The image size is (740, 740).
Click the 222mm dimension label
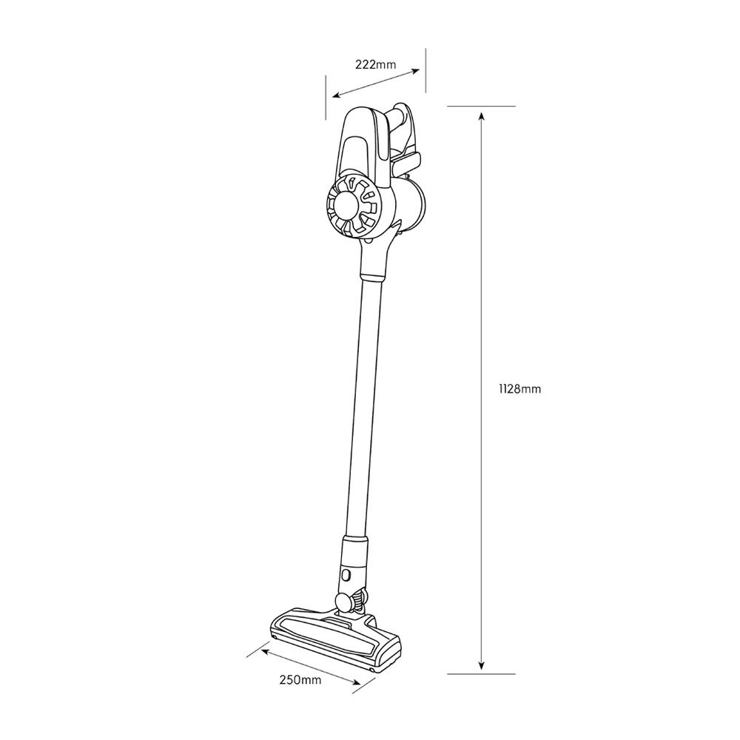[375, 64]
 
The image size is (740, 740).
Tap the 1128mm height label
[520, 388]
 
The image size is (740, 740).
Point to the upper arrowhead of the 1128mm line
[482, 115]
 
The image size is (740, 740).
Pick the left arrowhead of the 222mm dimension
[334, 95]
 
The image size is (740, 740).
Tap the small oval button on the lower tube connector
[346, 574]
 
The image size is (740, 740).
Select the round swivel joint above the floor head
[343, 601]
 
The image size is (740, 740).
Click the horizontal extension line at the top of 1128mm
[482, 107]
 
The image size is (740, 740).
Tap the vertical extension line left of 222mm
[326, 96]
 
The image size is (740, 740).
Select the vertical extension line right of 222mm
[426, 70]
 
